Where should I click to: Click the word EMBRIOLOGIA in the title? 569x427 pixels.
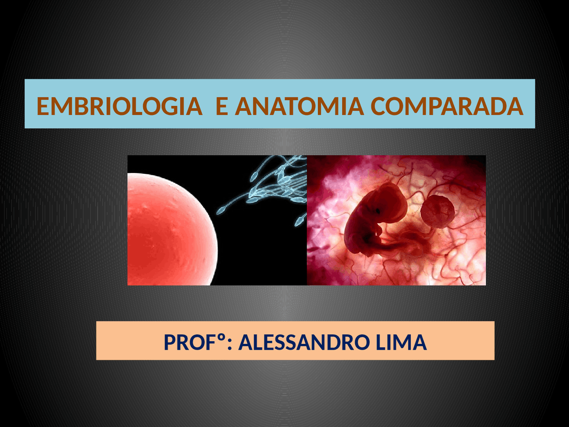(119, 107)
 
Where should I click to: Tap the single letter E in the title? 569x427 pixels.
(222, 107)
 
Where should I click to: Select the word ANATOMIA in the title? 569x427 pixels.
(299, 107)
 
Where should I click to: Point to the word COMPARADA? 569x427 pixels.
(446, 107)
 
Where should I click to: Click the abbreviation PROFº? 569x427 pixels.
(194, 342)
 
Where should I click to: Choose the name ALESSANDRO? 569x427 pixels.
(304, 342)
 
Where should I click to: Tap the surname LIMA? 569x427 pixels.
(401, 342)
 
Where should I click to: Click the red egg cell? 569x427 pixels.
(169, 229)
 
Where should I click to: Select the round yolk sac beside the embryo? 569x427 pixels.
(438, 211)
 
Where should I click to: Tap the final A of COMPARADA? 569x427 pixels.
(515, 107)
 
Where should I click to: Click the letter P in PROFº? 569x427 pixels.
(170, 342)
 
